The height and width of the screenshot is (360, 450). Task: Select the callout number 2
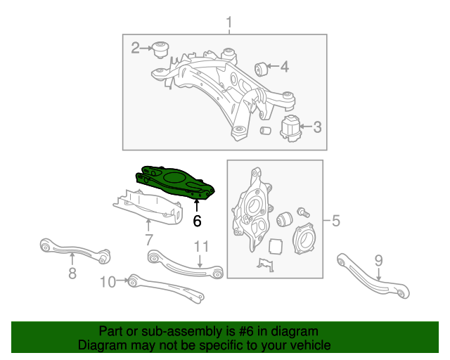(136, 48)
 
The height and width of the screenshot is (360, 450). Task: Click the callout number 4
(284, 67)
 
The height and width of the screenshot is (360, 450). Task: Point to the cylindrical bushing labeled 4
(265, 68)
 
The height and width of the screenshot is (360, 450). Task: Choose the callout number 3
(317, 127)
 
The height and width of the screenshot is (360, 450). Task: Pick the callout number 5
(335, 222)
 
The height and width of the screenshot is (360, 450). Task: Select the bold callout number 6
(197, 221)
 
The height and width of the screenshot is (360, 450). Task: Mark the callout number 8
(72, 274)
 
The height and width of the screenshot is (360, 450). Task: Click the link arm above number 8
(74, 250)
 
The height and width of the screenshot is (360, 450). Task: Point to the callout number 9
(378, 261)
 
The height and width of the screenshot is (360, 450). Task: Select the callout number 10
(108, 282)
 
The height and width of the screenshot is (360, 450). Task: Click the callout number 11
(202, 246)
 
